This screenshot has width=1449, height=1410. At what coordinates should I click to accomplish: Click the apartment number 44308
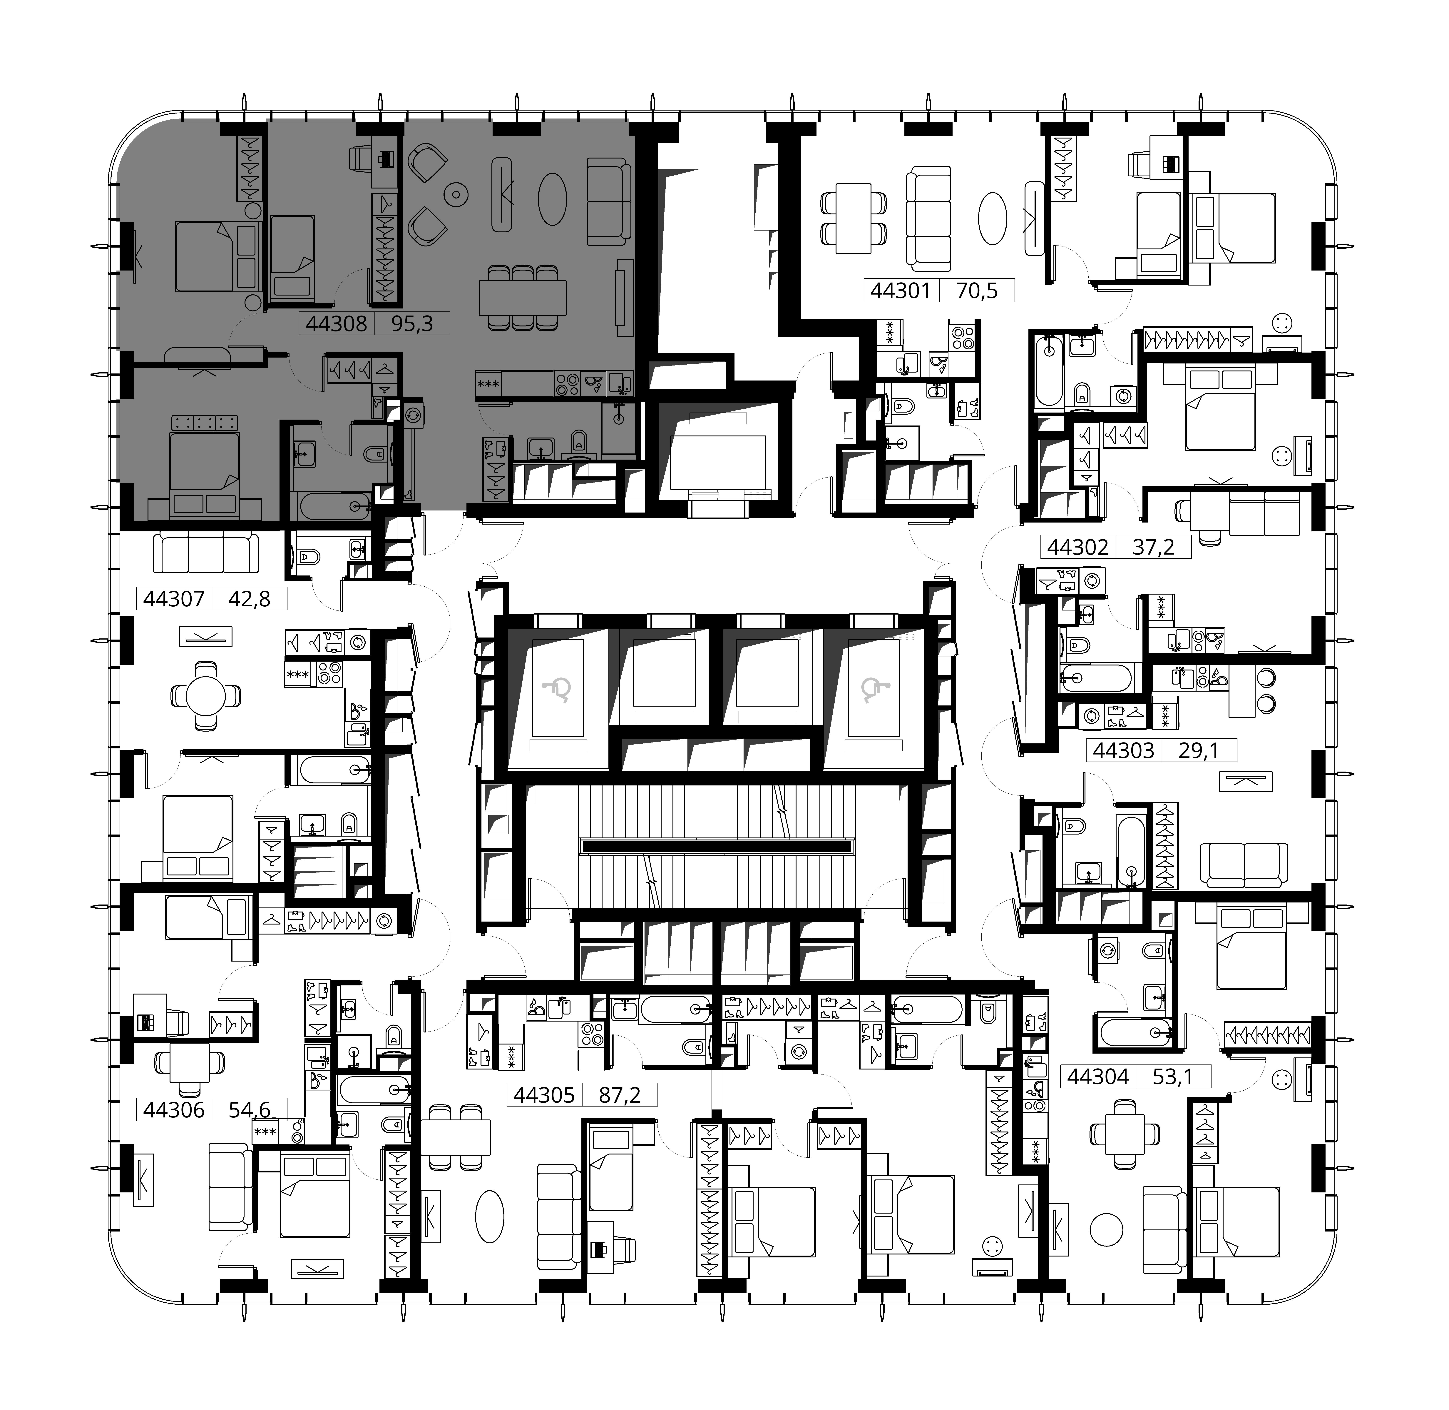[336, 324]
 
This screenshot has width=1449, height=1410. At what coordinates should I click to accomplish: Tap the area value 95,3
[412, 324]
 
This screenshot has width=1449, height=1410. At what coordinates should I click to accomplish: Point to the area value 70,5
[977, 290]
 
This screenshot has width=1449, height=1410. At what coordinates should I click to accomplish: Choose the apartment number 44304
[1098, 1076]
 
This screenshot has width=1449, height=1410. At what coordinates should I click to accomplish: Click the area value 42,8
[249, 598]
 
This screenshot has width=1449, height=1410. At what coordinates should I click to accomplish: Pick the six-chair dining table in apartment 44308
[523, 298]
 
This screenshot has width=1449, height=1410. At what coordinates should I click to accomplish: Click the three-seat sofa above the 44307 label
[206, 553]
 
